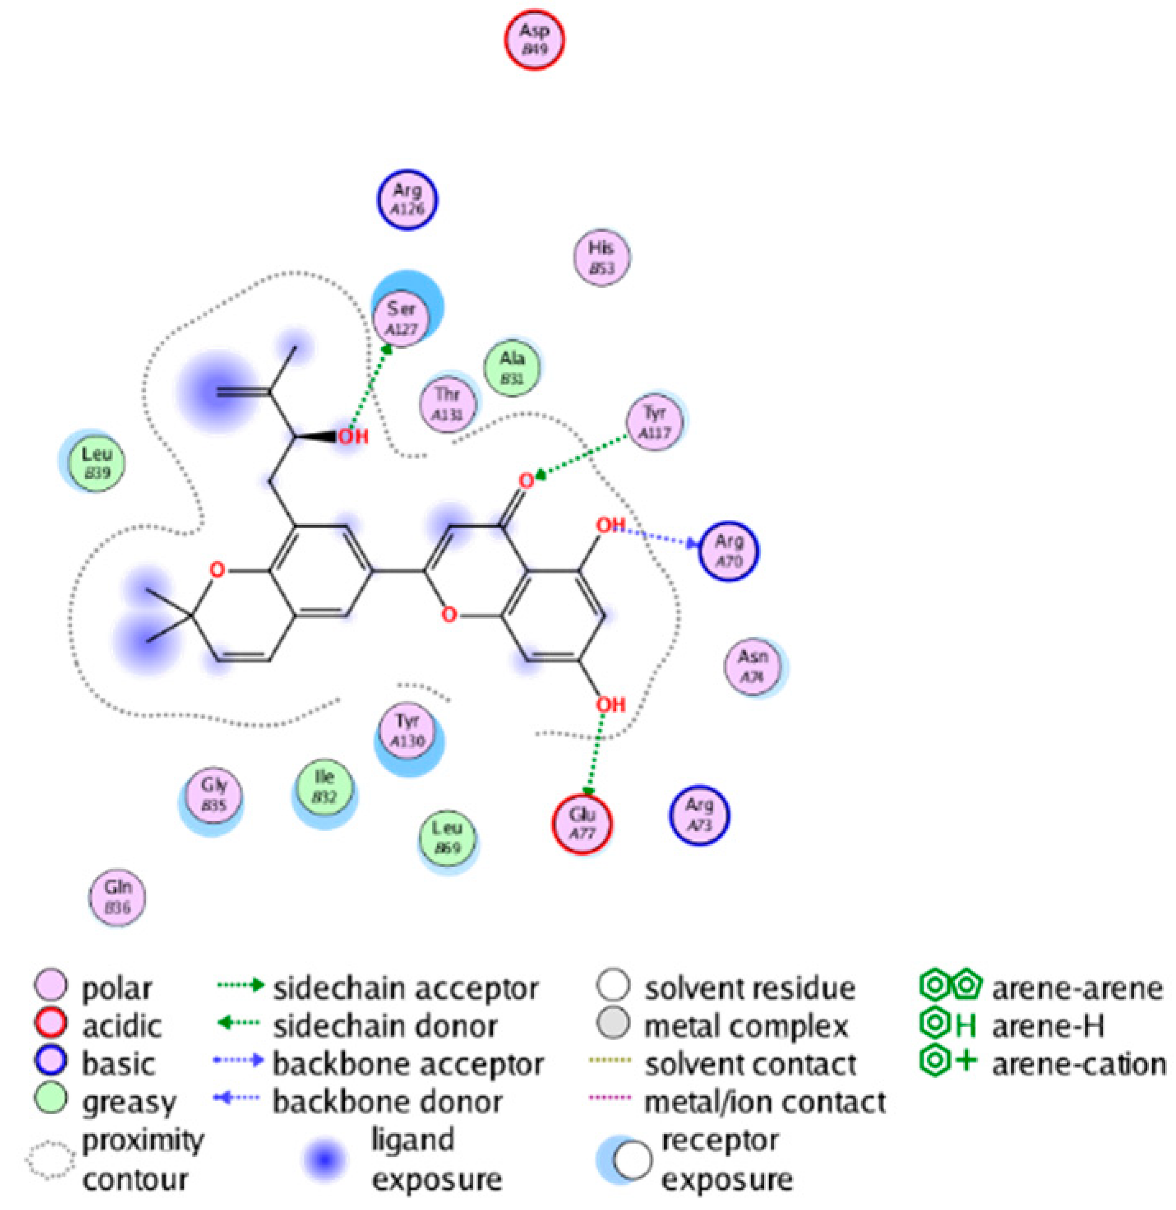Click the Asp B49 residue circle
[534, 39]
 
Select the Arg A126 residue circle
[408, 199]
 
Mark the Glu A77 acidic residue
[582, 823]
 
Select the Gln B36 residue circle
[118, 897]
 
